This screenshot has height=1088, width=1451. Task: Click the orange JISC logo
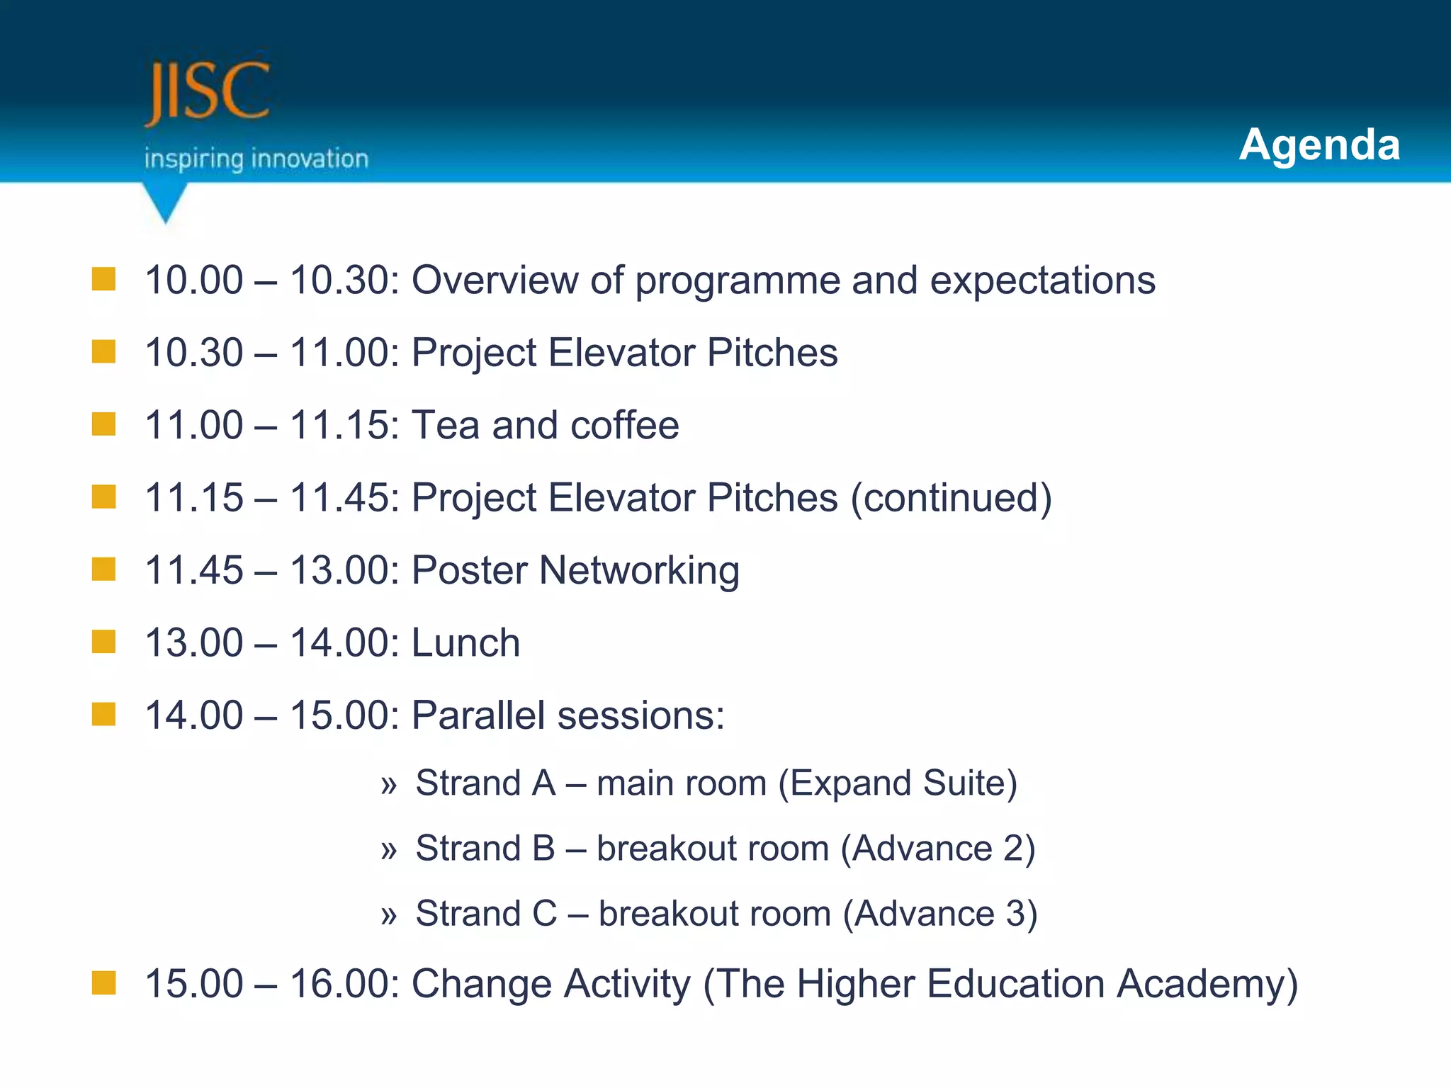207,92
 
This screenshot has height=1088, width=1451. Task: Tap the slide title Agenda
1319,144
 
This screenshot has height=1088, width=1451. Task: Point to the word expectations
1042,280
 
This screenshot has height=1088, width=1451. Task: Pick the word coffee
624,426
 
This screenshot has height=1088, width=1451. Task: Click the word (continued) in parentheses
951,498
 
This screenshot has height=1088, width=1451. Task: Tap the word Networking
639,572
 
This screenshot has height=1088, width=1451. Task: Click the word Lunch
465,643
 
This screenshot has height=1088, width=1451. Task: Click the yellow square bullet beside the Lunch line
103,642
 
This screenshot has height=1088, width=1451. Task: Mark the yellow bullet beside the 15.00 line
103,982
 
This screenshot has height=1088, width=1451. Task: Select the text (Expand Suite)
898,783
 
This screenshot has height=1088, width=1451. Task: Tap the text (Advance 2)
937,849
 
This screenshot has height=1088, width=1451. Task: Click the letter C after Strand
544,914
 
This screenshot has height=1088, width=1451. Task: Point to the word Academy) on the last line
1207,985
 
